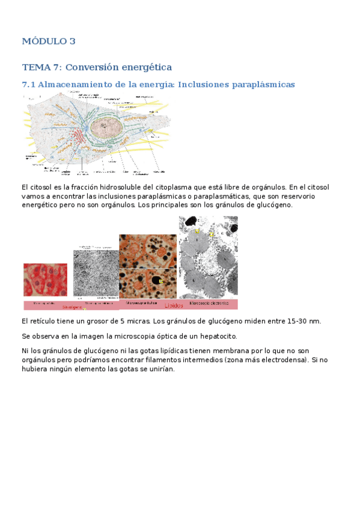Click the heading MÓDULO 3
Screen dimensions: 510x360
pyautogui.click(x=49, y=41)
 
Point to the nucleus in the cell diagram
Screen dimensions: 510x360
pyautogui.click(x=111, y=127)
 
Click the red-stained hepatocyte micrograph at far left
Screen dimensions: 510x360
pyautogui.click(x=45, y=280)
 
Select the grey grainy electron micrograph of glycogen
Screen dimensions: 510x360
pyautogui.click(x=96, y=274)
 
